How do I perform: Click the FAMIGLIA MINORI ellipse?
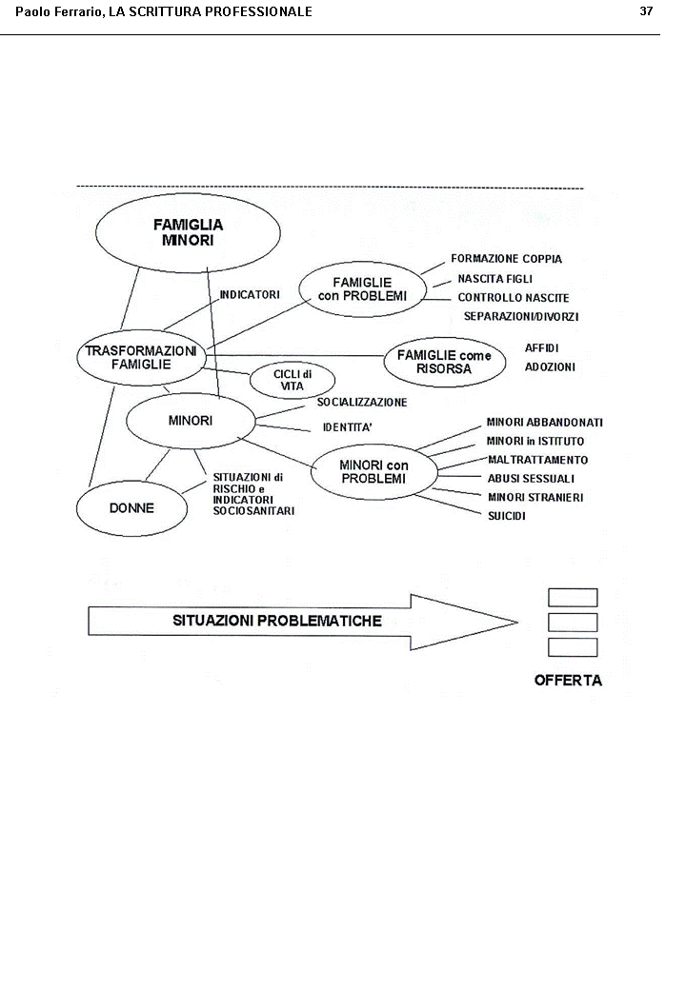188,232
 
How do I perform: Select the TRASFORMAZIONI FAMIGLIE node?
141,357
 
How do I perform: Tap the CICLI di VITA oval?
292,380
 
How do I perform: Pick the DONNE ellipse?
131,507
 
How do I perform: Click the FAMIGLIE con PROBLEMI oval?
362,289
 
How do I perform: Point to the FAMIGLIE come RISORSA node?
444,362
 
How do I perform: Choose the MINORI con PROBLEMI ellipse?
373,471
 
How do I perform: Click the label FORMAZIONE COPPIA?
506,259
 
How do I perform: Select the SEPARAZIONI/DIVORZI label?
520,316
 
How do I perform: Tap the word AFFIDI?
541,348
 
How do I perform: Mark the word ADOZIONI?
550,366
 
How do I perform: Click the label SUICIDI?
507,516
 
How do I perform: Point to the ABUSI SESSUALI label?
531,479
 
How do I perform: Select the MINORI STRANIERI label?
535,497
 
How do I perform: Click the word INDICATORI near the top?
250,295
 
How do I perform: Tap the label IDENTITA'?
347,427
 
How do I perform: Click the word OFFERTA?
568,681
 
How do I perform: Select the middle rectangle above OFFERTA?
573,623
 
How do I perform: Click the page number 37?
646,11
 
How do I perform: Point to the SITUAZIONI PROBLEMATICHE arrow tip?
514,623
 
